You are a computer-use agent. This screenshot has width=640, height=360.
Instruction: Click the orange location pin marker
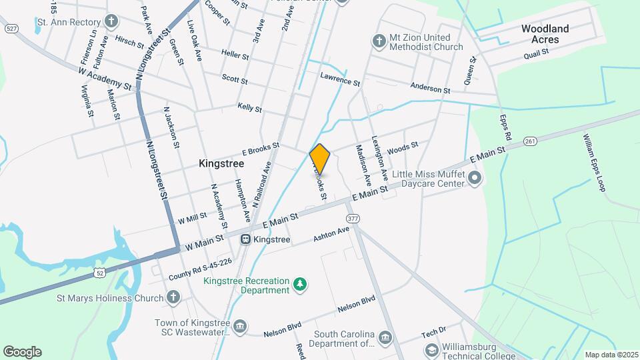point(320,159)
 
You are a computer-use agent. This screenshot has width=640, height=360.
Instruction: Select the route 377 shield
point(353,218)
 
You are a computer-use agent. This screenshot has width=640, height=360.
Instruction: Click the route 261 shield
point(531,141)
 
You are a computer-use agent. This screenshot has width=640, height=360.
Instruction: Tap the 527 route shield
point(11,29)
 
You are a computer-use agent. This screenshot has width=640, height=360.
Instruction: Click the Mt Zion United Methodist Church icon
point(379,41)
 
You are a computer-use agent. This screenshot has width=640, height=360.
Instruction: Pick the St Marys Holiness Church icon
point(173,297)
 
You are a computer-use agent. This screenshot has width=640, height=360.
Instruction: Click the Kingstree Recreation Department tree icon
point(301,285)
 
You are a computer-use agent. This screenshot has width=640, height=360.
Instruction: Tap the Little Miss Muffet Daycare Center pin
point(475,177)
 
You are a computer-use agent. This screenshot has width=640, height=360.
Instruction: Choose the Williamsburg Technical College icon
point(431,350)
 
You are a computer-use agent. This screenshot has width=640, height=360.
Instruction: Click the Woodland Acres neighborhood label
point(545,34)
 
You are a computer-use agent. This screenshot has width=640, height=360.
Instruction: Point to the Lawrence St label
point(339,80)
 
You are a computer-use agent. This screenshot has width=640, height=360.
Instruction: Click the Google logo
point(22,351)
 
